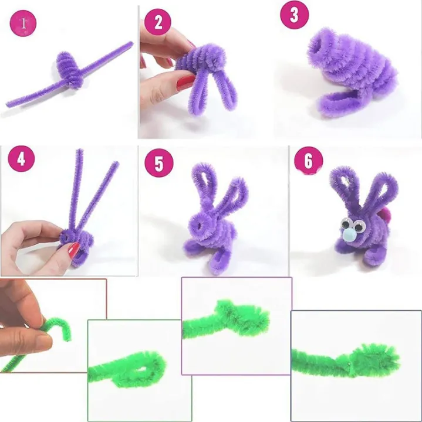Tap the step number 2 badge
[157, 22]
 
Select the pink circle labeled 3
[293, 15]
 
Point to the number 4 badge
[21, 160]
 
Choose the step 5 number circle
[159, 163]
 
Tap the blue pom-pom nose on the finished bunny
[350, 236]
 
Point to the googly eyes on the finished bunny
[352, 223]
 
